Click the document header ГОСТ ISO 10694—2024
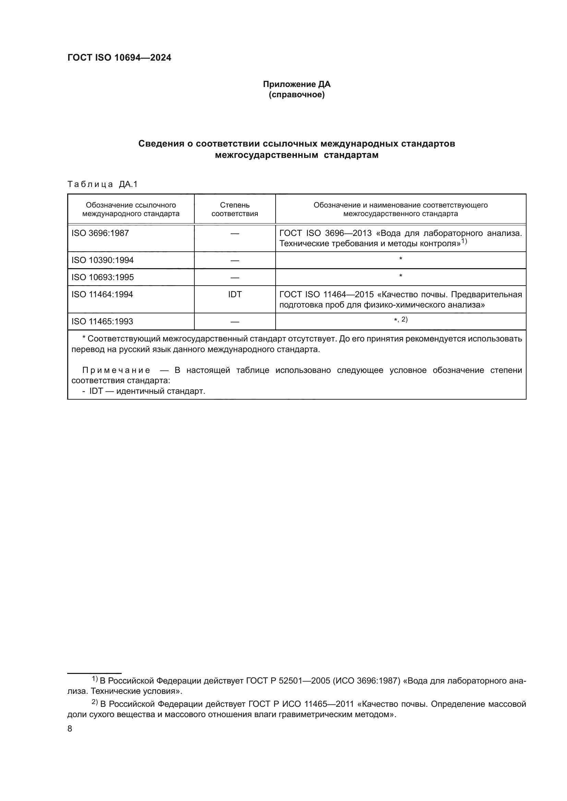coord(119,58)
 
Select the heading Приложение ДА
coord(297,84)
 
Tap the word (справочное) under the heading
coord(297,95)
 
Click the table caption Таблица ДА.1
coord(102,184)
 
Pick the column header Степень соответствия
coord(234,209)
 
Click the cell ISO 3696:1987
coord(100,233)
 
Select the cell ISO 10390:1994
coord(102,260)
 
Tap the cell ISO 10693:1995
coord(102,277)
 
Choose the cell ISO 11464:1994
coord(102,295)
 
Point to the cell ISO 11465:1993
coord(102,321)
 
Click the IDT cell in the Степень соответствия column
coord(234,295)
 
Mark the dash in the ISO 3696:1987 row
coord(234,234)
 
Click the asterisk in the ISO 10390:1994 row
coord(400,259)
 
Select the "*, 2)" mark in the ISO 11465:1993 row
coord(400,320)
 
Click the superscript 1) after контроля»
coord(464,241)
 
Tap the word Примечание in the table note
coord(116,370)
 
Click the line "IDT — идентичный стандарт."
coord(147,391)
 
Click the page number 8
coord(70,729)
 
